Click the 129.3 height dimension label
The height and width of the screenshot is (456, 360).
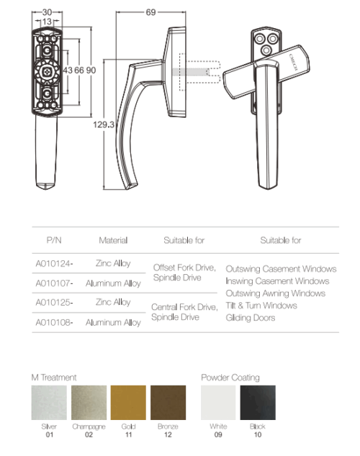[103, 124]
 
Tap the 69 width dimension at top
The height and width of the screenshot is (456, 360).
[150, 12]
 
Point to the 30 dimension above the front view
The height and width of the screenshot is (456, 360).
[47, 12]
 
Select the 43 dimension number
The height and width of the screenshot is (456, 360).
[68, 70]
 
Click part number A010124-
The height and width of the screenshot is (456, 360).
[54, 263]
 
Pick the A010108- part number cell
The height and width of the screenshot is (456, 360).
[54, 322]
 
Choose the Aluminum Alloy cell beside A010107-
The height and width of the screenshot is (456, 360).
[113, 283]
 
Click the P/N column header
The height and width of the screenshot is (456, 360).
[54, 240]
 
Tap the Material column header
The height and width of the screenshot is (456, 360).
[113, 240]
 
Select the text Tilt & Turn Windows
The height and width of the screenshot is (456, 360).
[261, 306]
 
